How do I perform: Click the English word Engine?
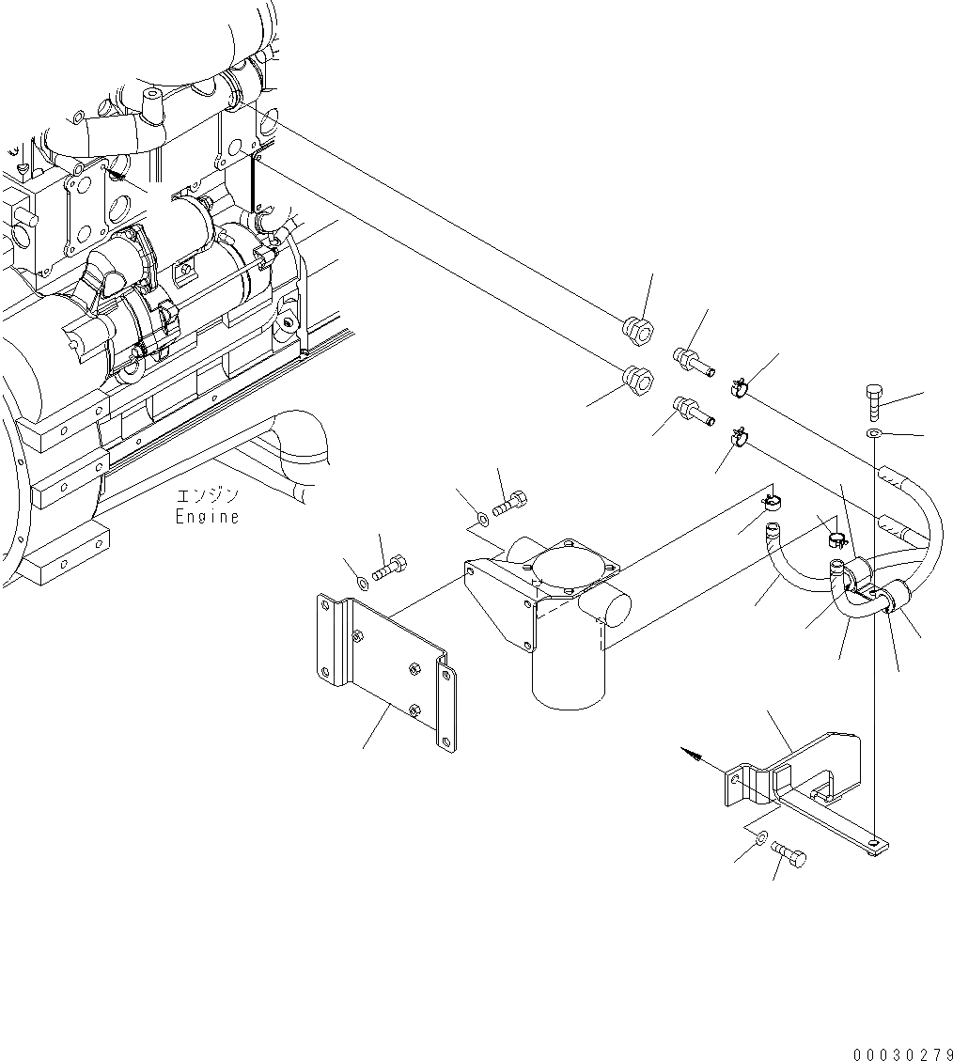(x=207, y=516)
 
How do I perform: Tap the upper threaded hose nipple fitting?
(x=690, y=358)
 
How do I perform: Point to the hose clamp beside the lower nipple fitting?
(x=740, y=437)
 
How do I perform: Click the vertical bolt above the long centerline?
(x=874, y=403)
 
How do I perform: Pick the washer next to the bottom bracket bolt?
(x=762, y=838)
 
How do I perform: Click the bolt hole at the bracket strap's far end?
(x=876, y=845)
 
